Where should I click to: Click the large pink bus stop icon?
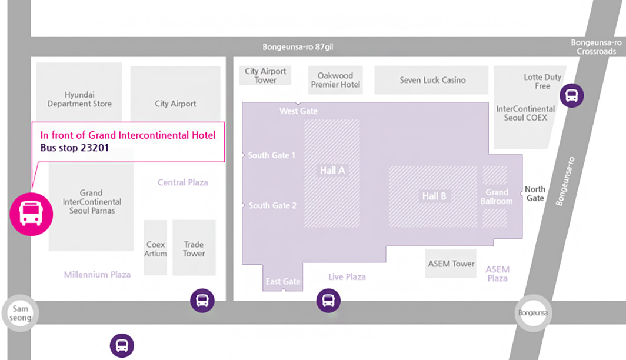(x=31, y=214)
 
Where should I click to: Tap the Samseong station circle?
(x=20, y=314)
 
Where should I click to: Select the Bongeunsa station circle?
(x=533, y=313)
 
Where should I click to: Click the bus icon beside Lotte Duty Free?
(x=571, y=95)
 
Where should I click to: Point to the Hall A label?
(x=332, y=171)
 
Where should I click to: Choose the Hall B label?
(x=434, y=196)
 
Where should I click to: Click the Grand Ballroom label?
(x=497, y=196)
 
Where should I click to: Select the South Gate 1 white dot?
(x=243, y=155)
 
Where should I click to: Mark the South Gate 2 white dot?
(x=243, y=205)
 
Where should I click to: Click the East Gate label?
(x=283, y=281)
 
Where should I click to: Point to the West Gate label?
(x=298, y=111)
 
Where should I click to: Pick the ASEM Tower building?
(x=451, y=264)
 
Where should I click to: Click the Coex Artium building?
(x=156, y=248)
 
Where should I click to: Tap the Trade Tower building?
(x=194, y=248)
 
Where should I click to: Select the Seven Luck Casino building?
(x=432, y=80)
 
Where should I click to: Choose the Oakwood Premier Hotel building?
(x=335, y=80)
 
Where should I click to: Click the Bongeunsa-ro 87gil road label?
(x=298, y=47)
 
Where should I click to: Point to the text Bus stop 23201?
(x=75, y=148)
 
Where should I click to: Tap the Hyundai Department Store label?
(x=79, y=99)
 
